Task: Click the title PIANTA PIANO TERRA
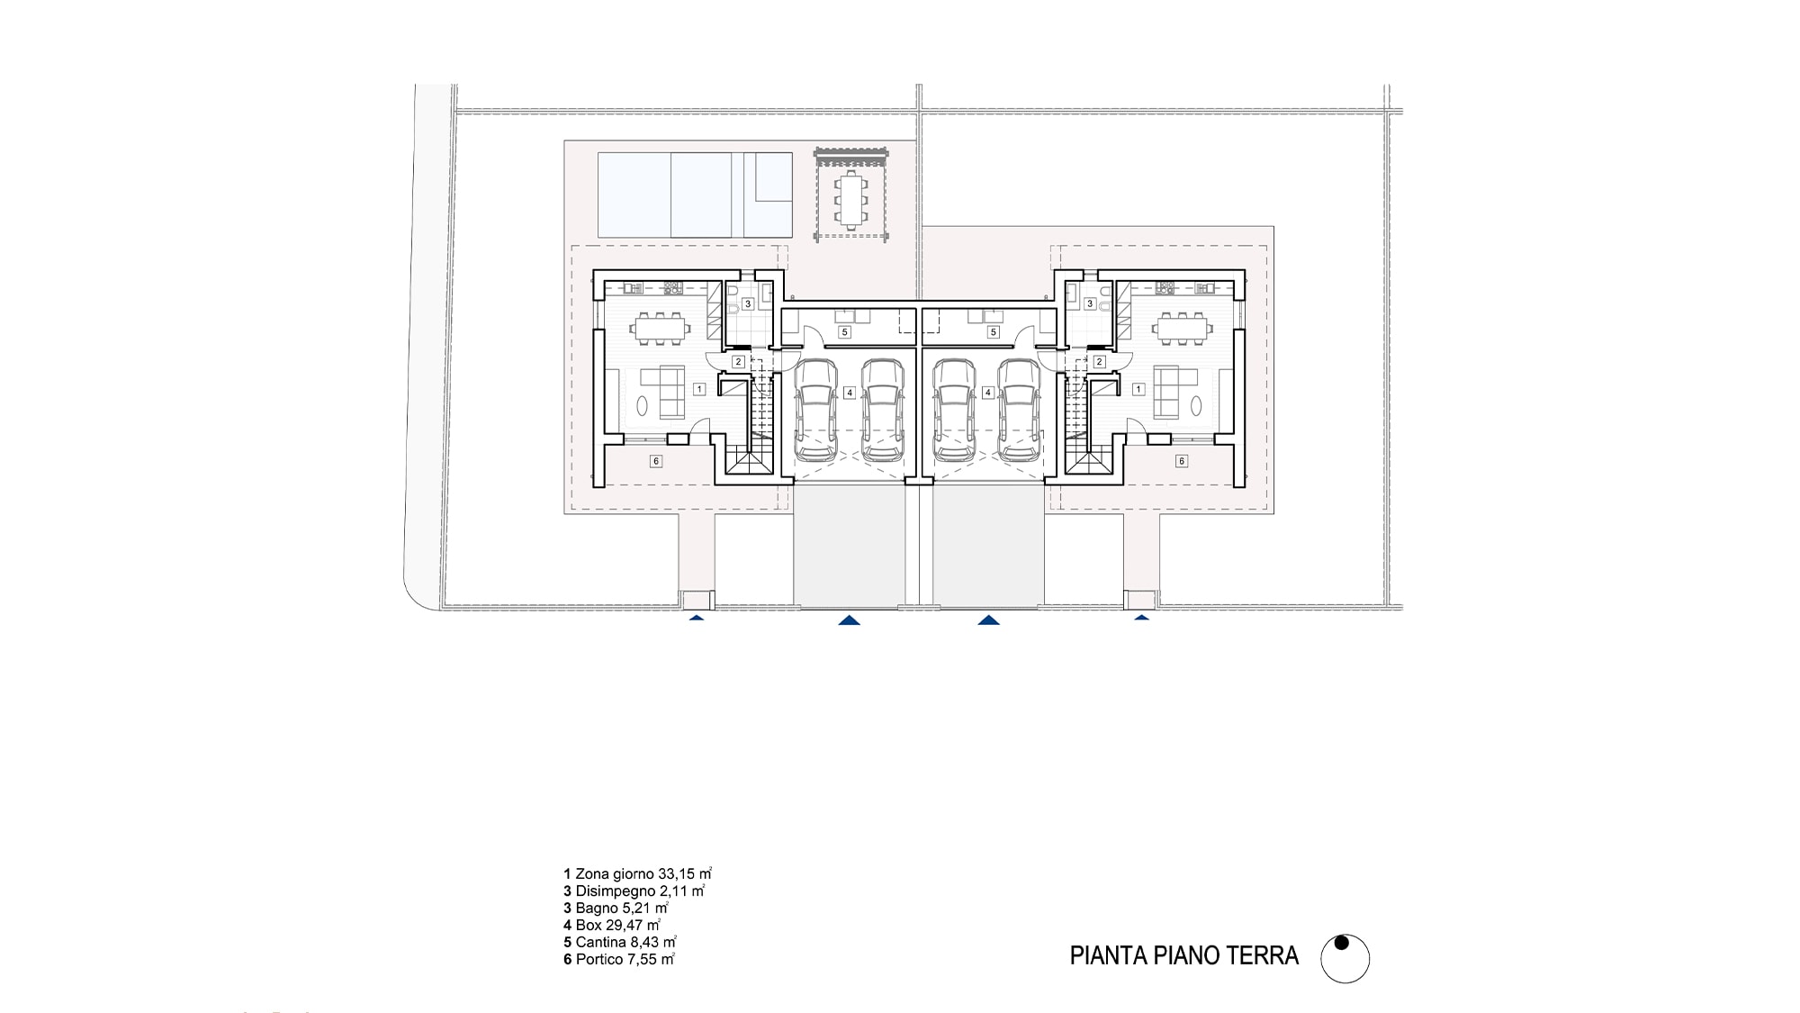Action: tap(1183, 956)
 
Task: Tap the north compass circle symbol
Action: tap(1345, 958)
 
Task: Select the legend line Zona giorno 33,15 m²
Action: tap(638, 873)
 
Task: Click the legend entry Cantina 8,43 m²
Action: tap(620, 942)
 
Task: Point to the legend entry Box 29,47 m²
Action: tap(612, 925)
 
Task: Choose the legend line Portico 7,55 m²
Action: tap(619, 959)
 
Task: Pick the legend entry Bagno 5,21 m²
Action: tap(616, 908)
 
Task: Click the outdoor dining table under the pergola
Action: tap(850, 201)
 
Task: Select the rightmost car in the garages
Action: tap(1020, 411)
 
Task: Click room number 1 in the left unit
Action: tap(699, 390)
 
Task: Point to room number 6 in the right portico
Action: tap(1182, 461)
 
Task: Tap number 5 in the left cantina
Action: tap(844, 332)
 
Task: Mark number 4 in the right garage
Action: tap(988, 393)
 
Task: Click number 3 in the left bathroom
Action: tap(747, 304)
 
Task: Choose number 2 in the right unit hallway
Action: tap(1099, 362)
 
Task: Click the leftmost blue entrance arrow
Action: tap(696, 618)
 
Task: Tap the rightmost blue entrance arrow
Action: tap(1142, 618)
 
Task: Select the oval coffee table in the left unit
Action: tap(643, 406)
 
